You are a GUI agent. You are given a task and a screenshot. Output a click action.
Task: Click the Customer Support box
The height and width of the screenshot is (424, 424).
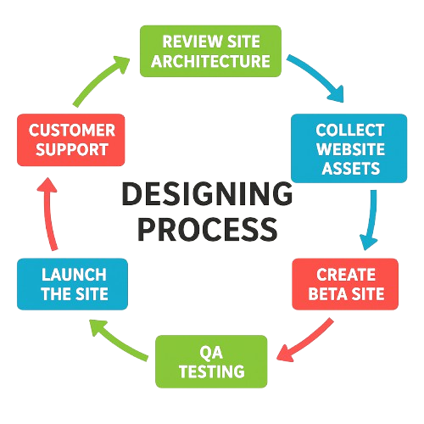coord(71,141)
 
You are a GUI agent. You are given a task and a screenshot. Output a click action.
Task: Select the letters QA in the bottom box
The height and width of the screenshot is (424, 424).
coord(211,350)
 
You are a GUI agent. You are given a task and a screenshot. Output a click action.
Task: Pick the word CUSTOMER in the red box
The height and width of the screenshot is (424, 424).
coord(71,131)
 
